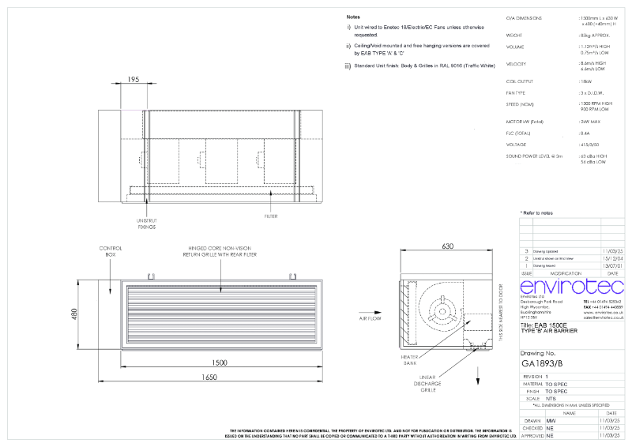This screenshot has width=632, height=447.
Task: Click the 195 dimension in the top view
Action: pyautogui.click(x=133, y=81)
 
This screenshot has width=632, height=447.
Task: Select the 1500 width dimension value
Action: pyautogui.click(x=220, y=362)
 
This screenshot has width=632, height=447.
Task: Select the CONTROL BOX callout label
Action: pyautogui.click(x=109, y=252)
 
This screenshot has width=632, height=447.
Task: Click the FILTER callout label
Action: pyautogui.click(x=271, y=215)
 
